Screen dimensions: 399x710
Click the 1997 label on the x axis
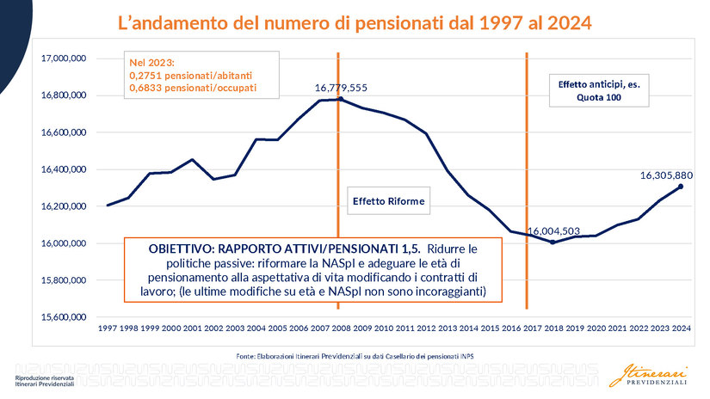108,328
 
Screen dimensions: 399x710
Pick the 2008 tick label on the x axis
341,328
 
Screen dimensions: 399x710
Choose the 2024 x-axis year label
682,328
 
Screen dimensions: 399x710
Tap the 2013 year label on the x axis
448,328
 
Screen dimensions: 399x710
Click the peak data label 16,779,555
341,88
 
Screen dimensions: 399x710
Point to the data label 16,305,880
666,175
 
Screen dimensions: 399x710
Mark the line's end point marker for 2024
681,186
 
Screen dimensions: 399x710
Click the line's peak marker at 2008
341,99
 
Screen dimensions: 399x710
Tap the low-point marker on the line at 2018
553,242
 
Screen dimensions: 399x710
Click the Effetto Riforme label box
389,201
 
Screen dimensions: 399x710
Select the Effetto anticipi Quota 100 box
599,91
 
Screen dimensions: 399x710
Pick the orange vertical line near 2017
527,172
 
